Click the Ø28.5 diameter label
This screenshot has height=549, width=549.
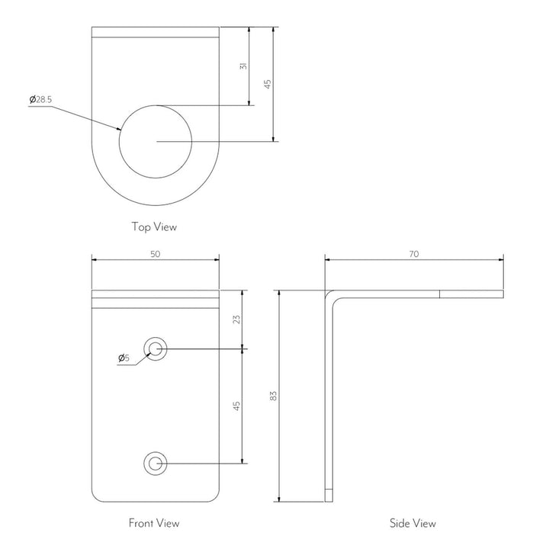click(40, 99)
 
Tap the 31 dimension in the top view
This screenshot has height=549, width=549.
click(244, 66)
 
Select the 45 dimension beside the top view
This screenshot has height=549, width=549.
click(268, 84)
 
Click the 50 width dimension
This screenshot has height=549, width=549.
click(155, 254)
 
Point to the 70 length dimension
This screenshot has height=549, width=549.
click(414, 254)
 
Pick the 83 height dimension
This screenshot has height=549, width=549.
click(274, 396)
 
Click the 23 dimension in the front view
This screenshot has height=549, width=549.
click(236, 319)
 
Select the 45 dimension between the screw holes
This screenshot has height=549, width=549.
click(236, 406)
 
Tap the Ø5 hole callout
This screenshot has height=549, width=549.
click(124, 358)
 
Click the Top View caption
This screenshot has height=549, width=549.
click(154, 227)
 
